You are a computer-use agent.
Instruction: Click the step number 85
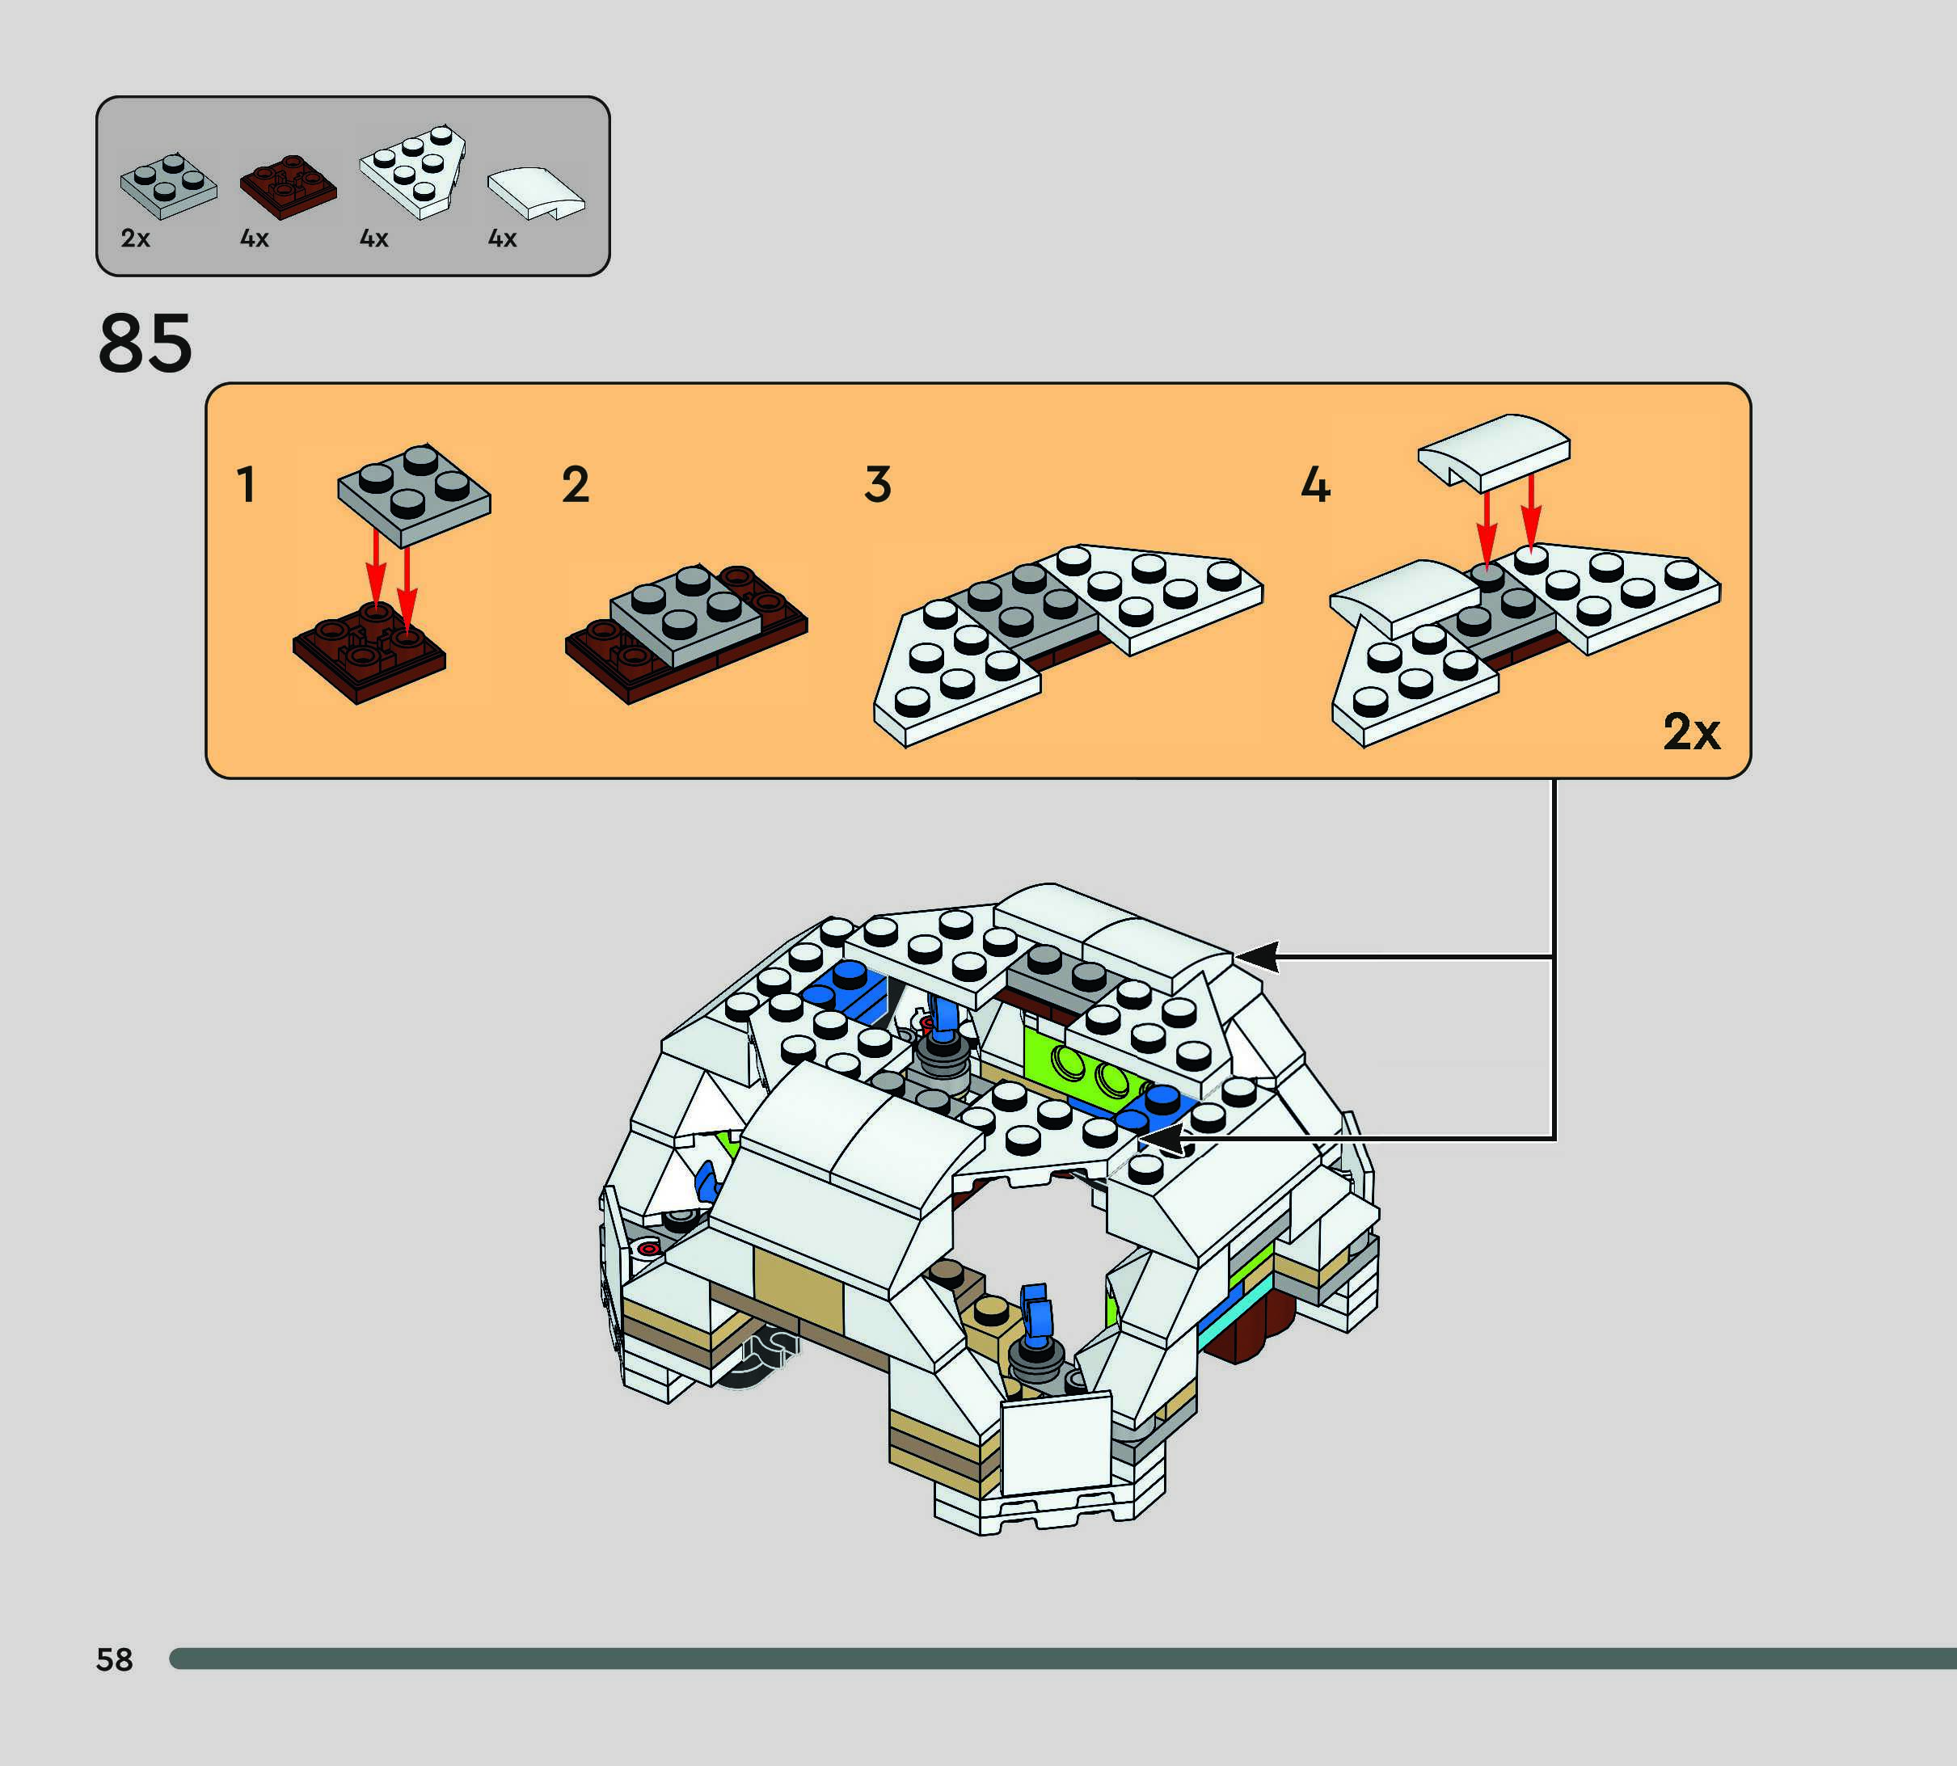click(x=146, y=344)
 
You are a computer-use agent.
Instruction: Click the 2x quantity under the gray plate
click(x=135, y=238)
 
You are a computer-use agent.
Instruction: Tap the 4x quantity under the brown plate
click(x=254, y=238)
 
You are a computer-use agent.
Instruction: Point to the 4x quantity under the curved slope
click(x=502, y=238)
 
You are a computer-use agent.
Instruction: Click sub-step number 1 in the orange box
click(x=247, y=484)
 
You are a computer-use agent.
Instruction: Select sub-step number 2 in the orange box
click(x=576, y=484)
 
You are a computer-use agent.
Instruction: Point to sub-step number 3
click(x=877, y=484)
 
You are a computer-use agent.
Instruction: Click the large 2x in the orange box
click(x=1691, y=731)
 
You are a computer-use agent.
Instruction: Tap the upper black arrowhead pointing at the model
click(x=1256, y=956)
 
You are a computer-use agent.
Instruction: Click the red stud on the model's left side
click(x=648, y=1249)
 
